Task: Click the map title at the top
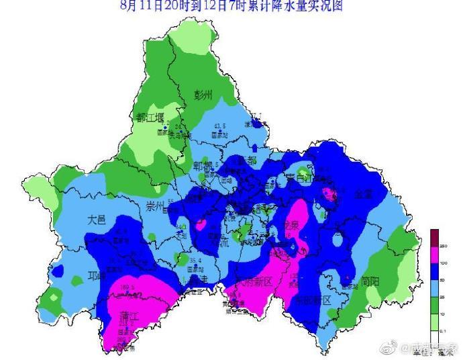(x=231, y=6)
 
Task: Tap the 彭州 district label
(x=203, y=95)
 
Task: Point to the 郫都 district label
(x=203, y=166)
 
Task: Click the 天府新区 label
(x=252, y=281)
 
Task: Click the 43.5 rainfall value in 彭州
(x=219, y=126)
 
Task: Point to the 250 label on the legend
(x=444, y=247)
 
